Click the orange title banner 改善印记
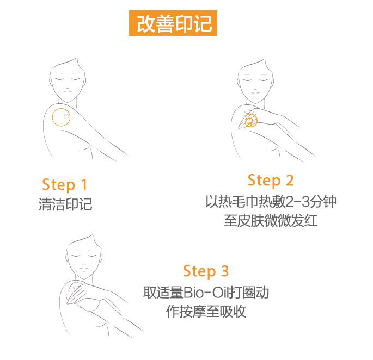[x=173, y=23]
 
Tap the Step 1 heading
[x=64, y=185]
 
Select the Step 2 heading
[x=271, y=181]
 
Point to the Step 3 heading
[x=206, y=271]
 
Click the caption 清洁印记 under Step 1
[x=65, y=204]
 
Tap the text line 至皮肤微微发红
[x=271, y=221]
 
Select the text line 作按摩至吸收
[x=206, y=311]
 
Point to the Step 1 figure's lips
[x=68, y=94]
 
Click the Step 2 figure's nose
[x=255, y=89]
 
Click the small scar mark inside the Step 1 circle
[x=66, y=116]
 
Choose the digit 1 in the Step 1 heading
[x=84, y=184]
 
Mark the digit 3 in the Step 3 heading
[x=225, y=271]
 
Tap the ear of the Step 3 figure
[x=102, y=259]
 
